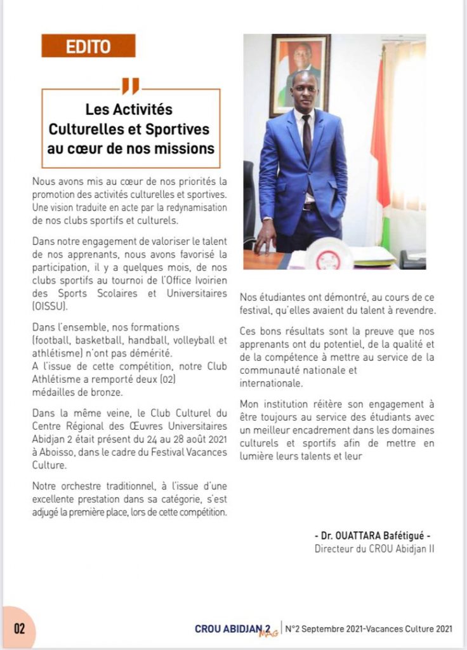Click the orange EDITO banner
click(x=88, y=46)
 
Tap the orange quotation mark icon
click(x=130, y=86)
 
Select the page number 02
click(x=19, y=629)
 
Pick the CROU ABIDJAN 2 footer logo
click(x=231, y=629)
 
